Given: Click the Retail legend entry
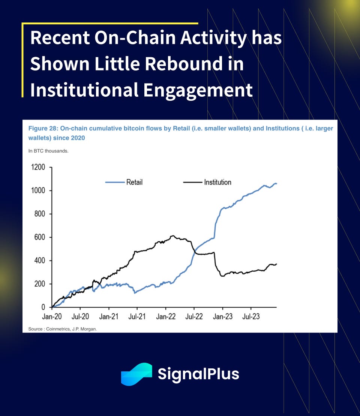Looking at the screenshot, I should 134,183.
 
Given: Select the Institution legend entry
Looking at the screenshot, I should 217,183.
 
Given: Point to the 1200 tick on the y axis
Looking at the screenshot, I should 38,167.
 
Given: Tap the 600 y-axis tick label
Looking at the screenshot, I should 40,237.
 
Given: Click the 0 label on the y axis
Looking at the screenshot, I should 43,307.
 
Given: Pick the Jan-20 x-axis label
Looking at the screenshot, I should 52,317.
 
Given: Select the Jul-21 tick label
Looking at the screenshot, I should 137,317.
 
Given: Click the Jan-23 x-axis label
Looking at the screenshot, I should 223,317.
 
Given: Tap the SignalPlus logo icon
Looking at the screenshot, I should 136,374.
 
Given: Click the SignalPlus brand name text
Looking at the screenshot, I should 198,374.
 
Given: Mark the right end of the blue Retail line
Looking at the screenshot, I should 276,183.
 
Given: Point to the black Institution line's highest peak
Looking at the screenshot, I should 172,236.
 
